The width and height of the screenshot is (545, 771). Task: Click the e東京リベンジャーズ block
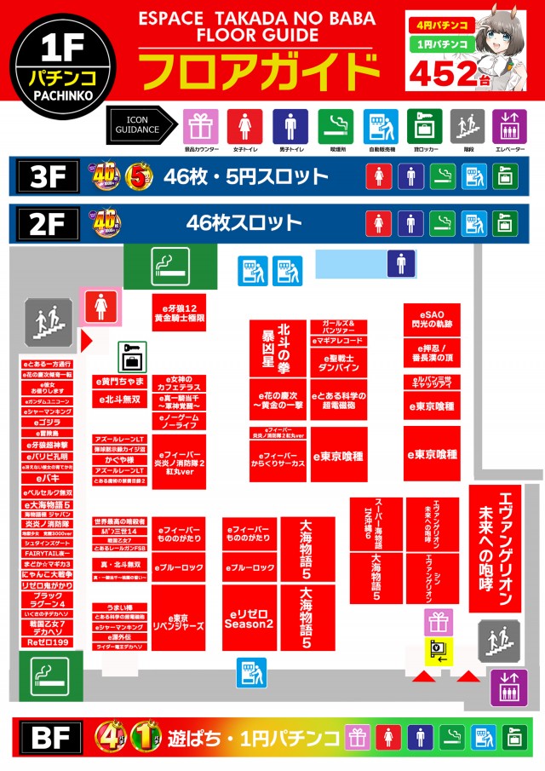(x=178, y=619)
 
